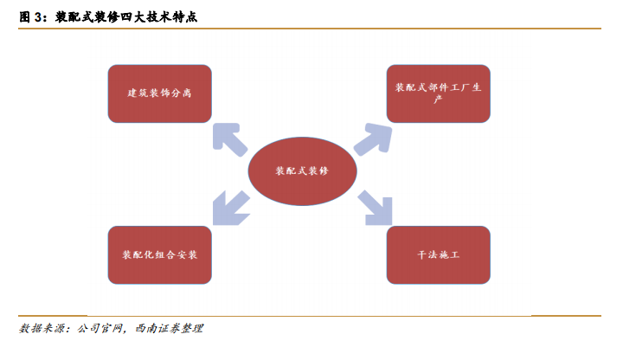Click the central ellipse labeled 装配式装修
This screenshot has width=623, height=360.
point(301,170)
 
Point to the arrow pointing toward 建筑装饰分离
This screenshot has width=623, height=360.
point(228,138)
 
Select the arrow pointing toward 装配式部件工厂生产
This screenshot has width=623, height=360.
point(372,138)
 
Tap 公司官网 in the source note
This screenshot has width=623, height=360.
point(102,329)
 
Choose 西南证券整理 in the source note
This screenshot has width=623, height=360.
point(170,329)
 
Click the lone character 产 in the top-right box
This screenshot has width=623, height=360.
point(438,100)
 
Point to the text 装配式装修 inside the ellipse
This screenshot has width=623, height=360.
point(301,170)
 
